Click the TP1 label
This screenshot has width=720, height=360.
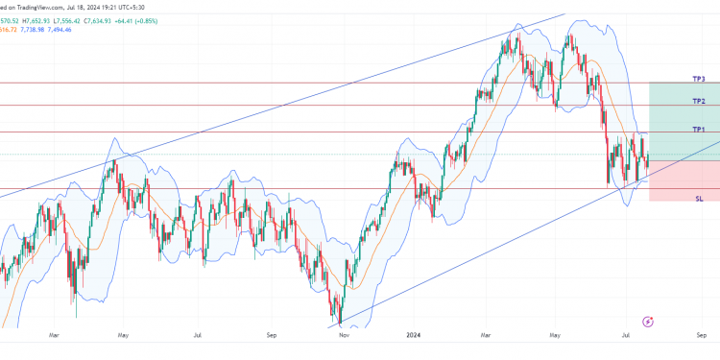[698, 129]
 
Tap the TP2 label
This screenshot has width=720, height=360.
[698, 101]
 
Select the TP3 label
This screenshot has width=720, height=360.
[698, 79]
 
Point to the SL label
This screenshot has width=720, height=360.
[699, 197]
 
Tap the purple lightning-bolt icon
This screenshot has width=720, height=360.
[649, 322]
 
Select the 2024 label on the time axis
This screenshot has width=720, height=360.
[414, 335]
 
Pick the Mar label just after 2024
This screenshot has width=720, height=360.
[487, 335]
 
